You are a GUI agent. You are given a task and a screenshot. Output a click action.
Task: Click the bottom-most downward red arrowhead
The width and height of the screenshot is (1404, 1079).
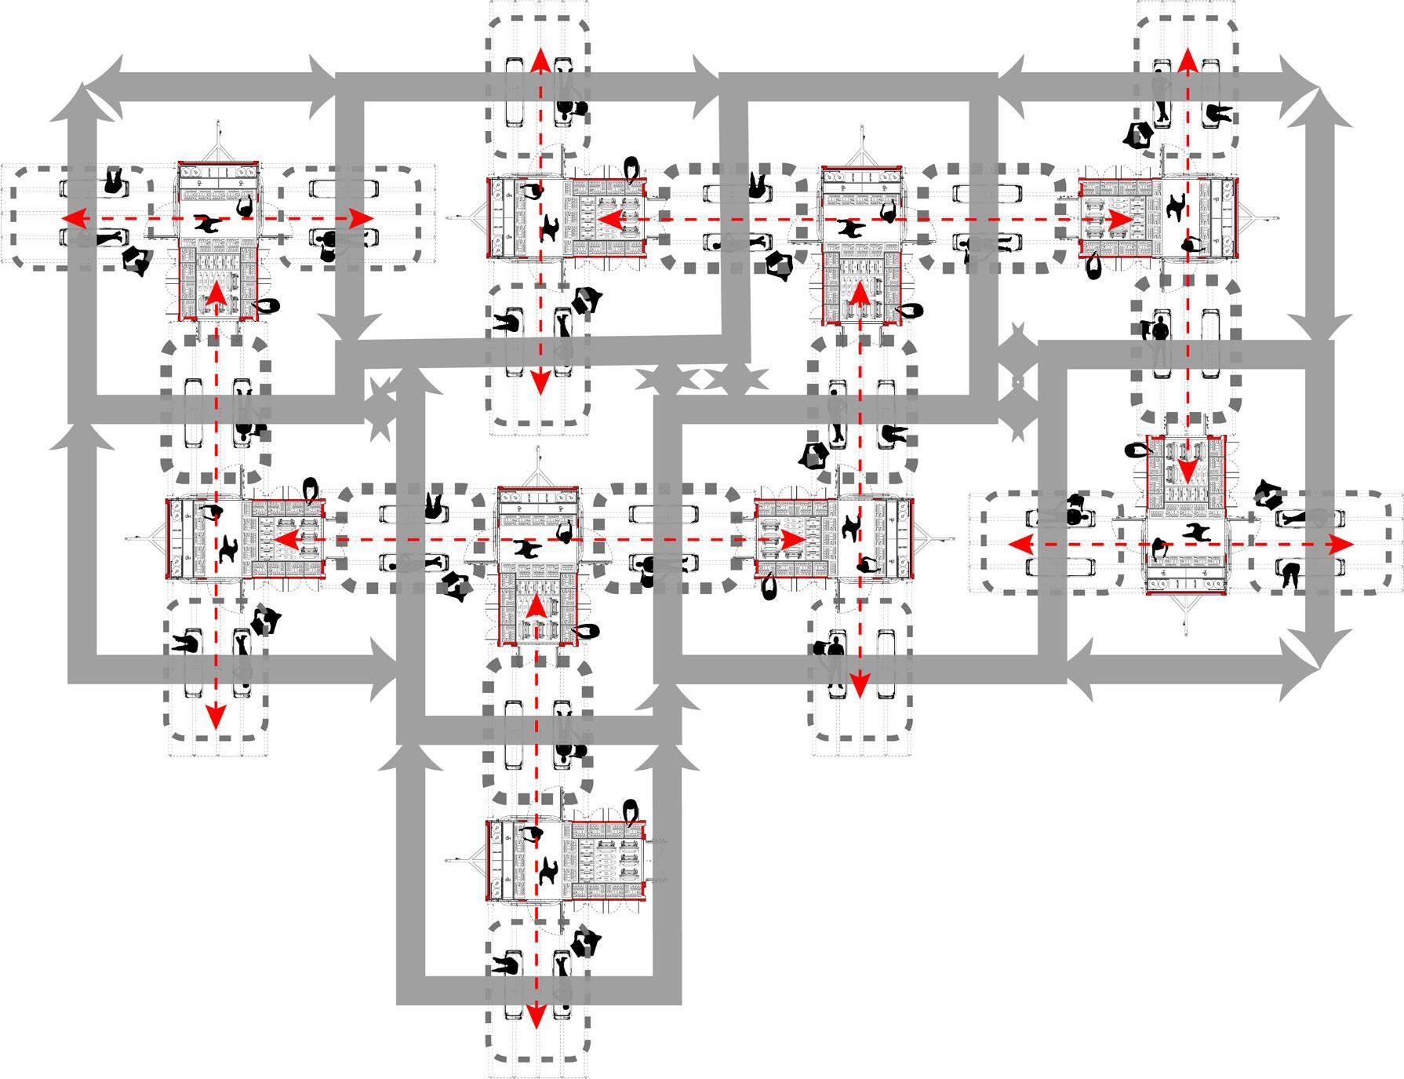pyautogui.click(x=536, y=1017)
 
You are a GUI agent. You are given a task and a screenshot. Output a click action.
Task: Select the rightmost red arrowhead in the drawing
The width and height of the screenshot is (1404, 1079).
pyautogui.click(x=1343, y=544)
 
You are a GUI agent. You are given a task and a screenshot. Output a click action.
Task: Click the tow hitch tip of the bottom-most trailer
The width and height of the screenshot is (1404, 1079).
pyautogui.click(x=446, y=860)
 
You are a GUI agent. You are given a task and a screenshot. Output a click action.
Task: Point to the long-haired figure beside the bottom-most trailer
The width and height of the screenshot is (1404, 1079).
pyautogui.click(x=631, y=813)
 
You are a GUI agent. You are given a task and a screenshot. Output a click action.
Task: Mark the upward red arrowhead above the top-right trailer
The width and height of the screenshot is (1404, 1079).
pyautogui.click(x=1186, y=59)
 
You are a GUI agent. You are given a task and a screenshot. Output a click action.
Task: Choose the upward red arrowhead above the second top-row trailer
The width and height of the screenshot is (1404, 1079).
pyautogui.click(x=539, y=59)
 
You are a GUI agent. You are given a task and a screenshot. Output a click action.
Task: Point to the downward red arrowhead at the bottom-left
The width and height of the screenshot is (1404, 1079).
pyautogui.click(x=215, y=716)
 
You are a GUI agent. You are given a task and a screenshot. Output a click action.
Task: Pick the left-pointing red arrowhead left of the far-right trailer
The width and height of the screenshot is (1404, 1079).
pyautogui.click(x=1020, y=544)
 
